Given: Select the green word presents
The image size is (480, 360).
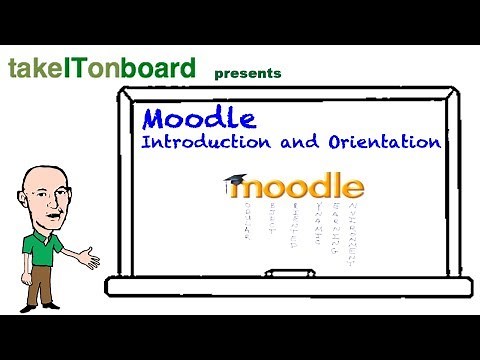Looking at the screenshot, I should [248, 73].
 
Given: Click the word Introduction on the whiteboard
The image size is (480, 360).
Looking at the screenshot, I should [200, 142].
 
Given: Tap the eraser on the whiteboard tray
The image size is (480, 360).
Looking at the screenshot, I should [288, 273].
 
